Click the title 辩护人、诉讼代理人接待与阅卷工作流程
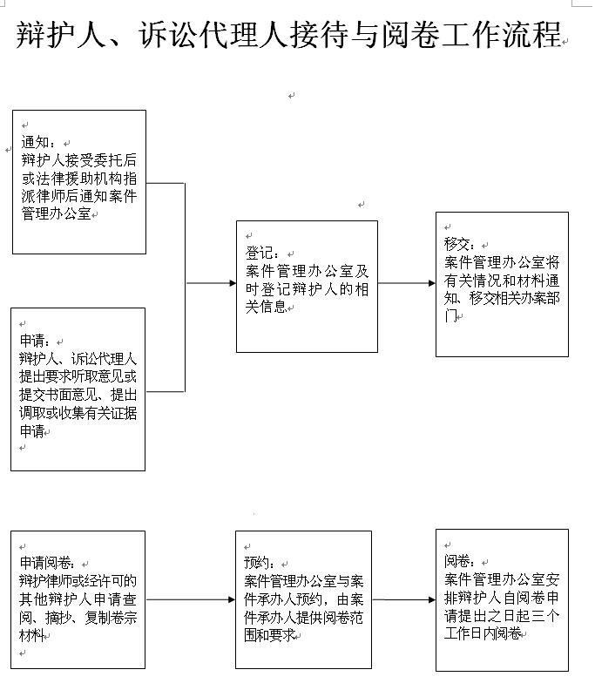[288, 37]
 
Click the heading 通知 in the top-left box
[38, 142]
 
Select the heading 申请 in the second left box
[34, 341]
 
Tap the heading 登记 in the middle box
[261, 254]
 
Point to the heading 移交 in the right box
[459, 244]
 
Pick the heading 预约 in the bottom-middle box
[260, 563]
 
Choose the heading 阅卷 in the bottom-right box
[459, 560]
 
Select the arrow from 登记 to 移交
[407, 283]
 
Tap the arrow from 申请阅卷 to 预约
[190, 599]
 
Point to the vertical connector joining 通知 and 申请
[185, 287]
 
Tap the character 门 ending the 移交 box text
[450, 316]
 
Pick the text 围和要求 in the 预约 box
[269, 635]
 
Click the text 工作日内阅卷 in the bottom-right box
[483, 633]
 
